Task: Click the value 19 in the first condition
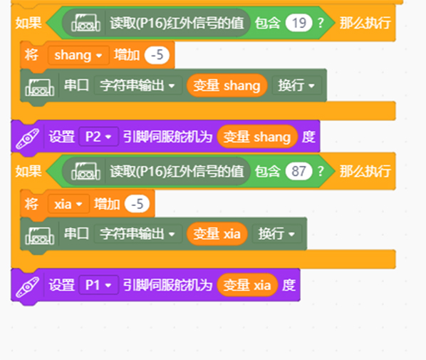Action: [298, 23]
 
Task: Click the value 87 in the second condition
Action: [298, 171]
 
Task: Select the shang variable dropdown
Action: [78, 55]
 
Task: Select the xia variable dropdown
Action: [68, 204]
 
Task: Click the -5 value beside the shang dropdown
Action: [157, 55]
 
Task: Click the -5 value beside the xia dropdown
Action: [137, 204]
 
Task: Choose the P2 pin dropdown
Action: [98, 136]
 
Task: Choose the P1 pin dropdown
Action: [98, 285]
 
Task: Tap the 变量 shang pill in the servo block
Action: [257, 136]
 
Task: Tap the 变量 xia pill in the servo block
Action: [247, 285]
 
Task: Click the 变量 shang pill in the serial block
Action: [227, 86]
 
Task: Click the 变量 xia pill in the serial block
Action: [217, 234]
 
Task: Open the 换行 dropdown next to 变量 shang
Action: [296, 86]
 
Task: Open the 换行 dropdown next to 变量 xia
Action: [276, 234]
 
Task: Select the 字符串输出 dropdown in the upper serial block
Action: [138, 86]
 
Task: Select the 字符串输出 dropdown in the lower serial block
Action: [138, 234]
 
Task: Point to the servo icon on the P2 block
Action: [28, 138]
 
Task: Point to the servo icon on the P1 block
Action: [28, 287]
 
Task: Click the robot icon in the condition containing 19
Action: [85, 23]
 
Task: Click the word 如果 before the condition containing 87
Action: [28, 171]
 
